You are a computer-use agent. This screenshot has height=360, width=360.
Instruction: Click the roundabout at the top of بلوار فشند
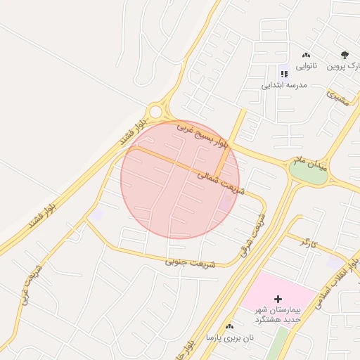pos(155,112)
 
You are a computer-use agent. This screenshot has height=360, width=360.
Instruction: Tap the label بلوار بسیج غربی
pos(202,136)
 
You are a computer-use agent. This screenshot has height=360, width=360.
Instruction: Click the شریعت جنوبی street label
pos(187,261)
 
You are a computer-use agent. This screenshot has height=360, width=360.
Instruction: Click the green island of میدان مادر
pos(309,174)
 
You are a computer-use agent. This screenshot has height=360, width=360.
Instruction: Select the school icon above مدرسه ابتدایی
pos(284,73)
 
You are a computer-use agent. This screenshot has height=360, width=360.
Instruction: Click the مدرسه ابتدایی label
pos(285,85)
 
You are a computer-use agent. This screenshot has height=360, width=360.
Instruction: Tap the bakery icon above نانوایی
pos(306,55)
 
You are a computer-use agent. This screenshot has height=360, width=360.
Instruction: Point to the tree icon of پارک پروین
pos(345,55)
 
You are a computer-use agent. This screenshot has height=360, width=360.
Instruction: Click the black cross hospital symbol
pos(278,300)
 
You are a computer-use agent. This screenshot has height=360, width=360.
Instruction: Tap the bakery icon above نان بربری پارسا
pos(229,326)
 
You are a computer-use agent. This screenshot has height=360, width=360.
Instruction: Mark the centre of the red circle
pos(180,179)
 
